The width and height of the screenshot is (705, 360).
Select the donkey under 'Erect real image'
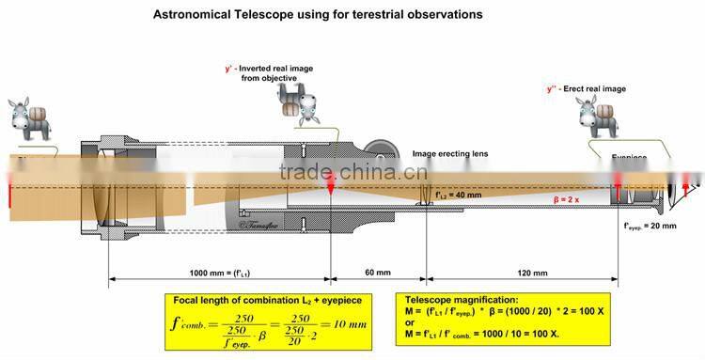pyautogui.click(x=596, y=117)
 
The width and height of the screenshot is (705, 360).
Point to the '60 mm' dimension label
pyautogui.click(x=377, y=273)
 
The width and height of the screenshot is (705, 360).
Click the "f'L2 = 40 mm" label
pyautogui.click(x=464, y=194)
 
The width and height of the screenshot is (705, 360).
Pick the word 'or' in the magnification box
pyautogui.click(x=407, y=322)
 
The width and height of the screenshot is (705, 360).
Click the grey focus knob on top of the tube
pyautogui.click(x=382, y=150)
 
